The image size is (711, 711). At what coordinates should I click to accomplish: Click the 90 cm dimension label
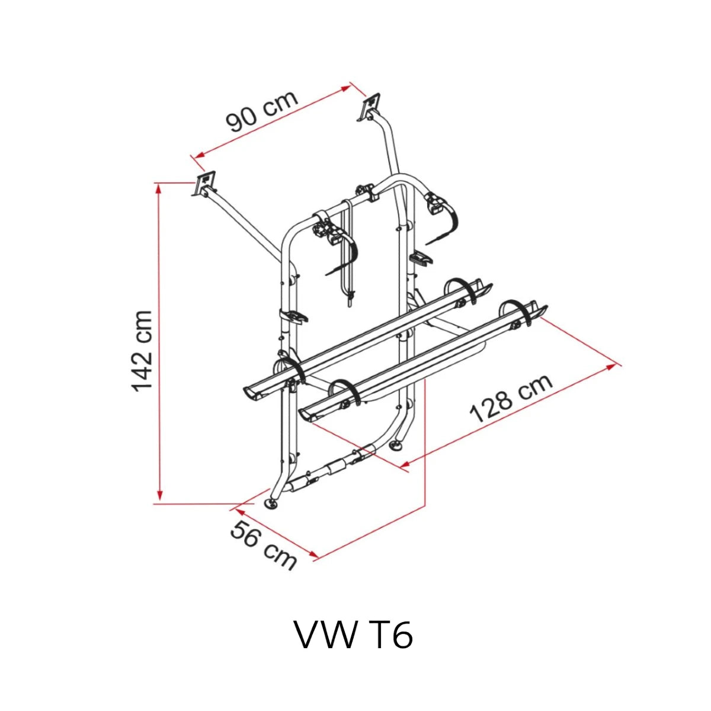pyautogui.click(x=261, y=111)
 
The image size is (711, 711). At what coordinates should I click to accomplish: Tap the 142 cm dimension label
pyautogui.click(x=142, y=351)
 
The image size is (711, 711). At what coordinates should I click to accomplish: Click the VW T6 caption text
pyautogui.click(x=354, y=635)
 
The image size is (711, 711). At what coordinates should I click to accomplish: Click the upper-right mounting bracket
pyautogui.click(x=371, y=107)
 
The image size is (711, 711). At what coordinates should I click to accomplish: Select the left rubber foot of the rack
pyautogui.click(x=273, y=503)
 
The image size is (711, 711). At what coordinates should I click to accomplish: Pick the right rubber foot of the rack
pyautogui.click(x=396, y=446)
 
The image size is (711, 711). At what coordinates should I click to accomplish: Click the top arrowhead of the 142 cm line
pyautogui.click(x=159, y=188)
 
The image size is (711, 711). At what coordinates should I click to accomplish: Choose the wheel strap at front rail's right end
pyautogui.click(x=517, y=312)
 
